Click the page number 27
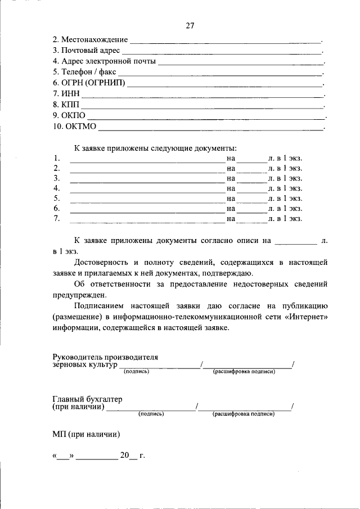point(190,26)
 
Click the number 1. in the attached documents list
point(57,159)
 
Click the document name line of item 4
point(146,189)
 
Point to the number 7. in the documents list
point(57,219)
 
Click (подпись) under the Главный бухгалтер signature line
point(151,414)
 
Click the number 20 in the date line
point(124,456)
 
